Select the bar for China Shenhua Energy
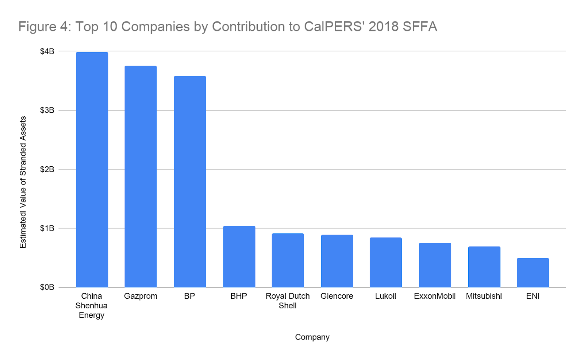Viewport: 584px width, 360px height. [92, 170]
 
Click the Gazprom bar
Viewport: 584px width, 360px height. [141, 177]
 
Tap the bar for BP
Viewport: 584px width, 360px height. [190, 182]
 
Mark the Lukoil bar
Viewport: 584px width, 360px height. [385, 262]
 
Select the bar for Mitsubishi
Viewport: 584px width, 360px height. [484, 267]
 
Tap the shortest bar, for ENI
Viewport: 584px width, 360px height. [533, 272]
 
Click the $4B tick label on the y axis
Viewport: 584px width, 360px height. [47, 51]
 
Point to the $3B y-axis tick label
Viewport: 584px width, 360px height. [47, 110]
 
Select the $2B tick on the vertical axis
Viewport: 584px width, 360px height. [47, 169]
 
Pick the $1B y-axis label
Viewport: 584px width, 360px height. [47, 228]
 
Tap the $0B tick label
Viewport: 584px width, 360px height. [47, 287]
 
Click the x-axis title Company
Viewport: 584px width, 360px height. [312, 337]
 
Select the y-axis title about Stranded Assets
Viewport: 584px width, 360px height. [23, 182]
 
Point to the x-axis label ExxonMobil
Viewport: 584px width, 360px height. [434, 296]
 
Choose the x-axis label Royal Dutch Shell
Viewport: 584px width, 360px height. [288, 301]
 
